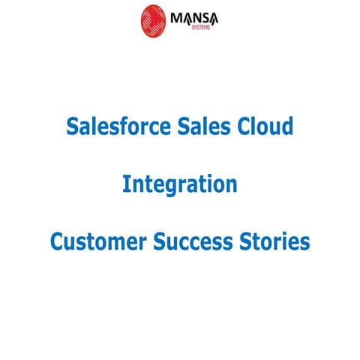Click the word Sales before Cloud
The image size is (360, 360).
pos(207,126)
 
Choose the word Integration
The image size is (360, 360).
pos(180,184)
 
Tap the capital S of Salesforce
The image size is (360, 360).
pos(72,126)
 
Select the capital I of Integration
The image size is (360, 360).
pos(125,184)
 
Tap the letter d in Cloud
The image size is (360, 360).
pos(287,126)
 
